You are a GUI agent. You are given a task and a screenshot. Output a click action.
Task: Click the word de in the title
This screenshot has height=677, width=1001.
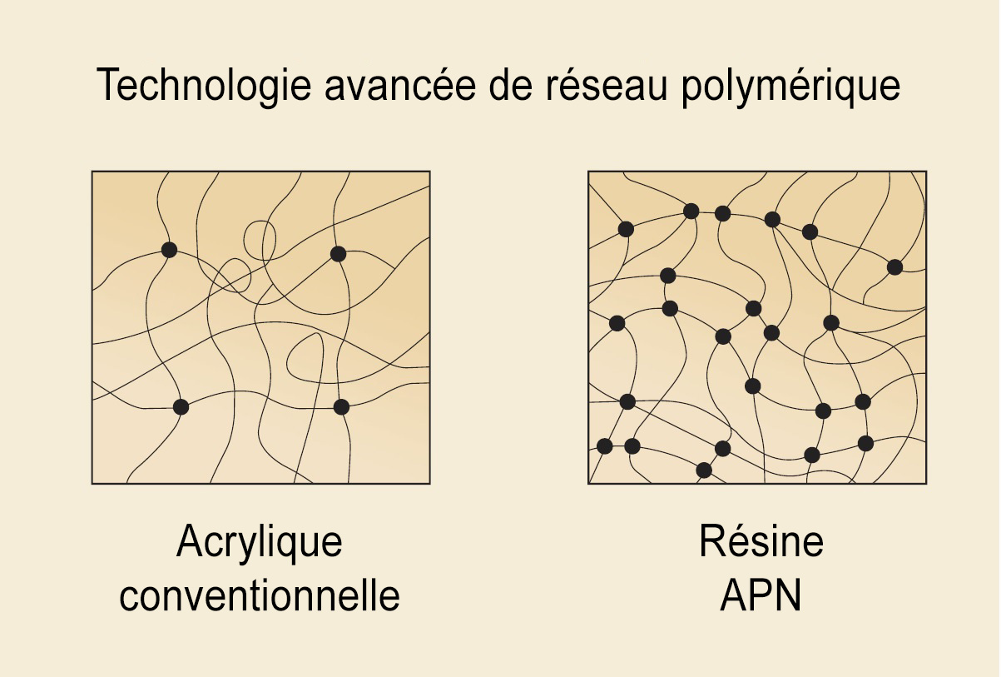[511, 84]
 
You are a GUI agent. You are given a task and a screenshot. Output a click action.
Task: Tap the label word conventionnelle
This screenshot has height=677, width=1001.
[260, 595]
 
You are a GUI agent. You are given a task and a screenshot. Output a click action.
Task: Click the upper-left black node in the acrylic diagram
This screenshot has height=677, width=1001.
[169, 250]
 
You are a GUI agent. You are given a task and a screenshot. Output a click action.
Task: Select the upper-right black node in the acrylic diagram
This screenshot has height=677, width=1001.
[339, 254]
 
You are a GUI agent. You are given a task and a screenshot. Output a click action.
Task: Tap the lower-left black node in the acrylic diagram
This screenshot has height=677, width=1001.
[181, 407]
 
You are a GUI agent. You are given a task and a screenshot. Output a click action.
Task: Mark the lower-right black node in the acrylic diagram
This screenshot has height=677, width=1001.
[341, 407]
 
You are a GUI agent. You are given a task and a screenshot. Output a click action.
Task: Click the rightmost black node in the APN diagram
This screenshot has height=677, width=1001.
[894, 267]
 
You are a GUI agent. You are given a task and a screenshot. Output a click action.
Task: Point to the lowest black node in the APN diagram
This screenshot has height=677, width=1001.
[704, 470]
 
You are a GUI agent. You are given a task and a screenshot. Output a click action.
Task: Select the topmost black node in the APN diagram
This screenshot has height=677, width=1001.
[691, 211]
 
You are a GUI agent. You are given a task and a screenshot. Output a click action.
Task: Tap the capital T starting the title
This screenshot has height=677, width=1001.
[107, 85]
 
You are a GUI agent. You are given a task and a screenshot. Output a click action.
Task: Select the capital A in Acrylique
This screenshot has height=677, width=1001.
[191, 540]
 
